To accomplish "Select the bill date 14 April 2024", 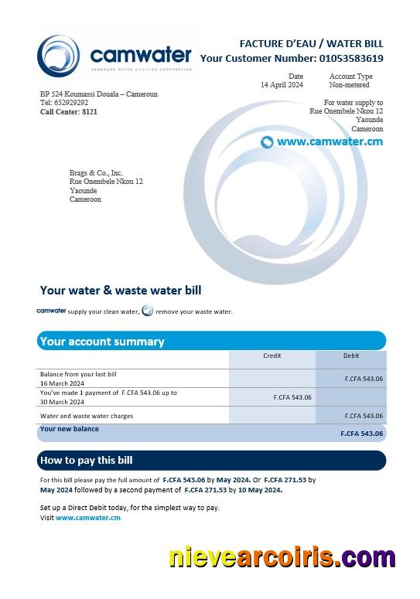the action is [282, 84].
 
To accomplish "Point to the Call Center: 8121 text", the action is [69, 111].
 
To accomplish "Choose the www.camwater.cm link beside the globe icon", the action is [330, 141].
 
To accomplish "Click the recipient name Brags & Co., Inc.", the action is [96, 173].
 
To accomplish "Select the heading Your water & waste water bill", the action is [120, 291].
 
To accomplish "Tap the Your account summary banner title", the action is [101, 341].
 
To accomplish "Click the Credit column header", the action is [271, 356].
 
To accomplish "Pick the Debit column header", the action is [351, 356].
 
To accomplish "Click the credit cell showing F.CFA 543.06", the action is [292, 397].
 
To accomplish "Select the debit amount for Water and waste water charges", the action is [364, 416].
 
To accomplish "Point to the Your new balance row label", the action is [69, 429].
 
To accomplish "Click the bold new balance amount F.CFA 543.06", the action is [361, 434].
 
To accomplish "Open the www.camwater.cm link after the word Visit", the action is [88, 518].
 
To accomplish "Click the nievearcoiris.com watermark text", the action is [282, 557].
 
